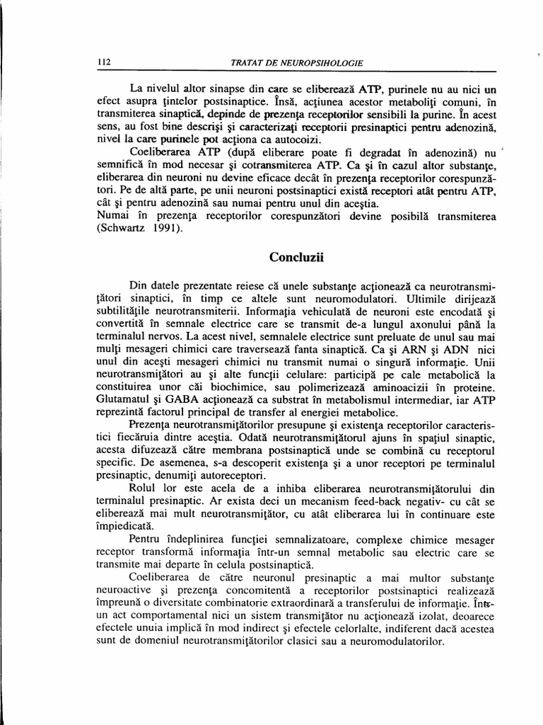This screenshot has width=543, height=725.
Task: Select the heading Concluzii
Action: [296, 257]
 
